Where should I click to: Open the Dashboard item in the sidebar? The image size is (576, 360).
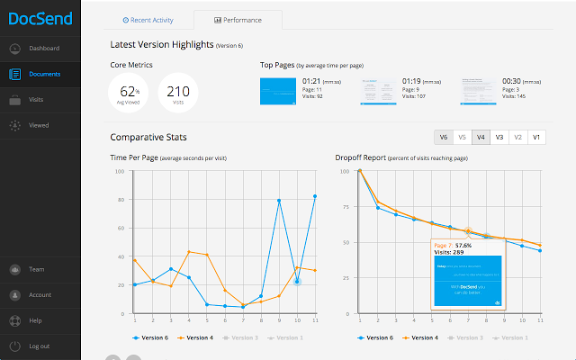point(43,48)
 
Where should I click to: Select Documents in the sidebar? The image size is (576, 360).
point(44,74)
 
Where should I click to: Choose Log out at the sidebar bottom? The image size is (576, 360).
point(39,346)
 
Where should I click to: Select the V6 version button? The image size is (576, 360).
point(442,138)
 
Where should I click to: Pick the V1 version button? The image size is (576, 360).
point(536,138)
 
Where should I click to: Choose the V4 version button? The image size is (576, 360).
point(481,138)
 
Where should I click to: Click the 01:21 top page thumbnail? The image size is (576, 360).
point(277,91)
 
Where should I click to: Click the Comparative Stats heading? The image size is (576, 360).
point(148,138)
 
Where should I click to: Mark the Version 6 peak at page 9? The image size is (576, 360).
point(279,201)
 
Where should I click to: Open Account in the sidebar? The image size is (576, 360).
point(40,294)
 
